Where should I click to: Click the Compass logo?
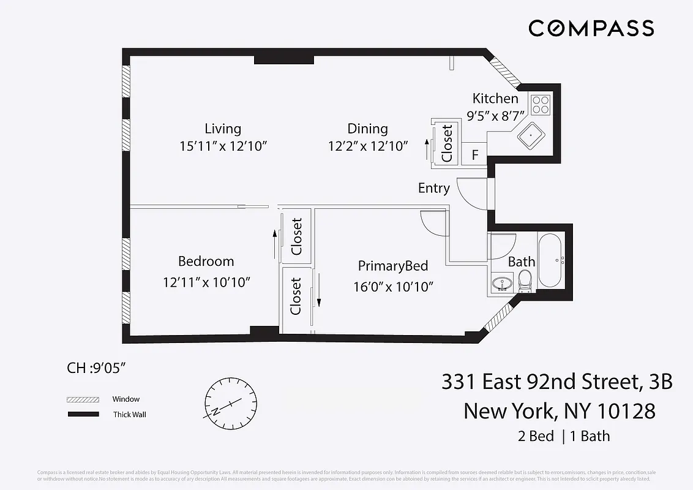tap(591, 28)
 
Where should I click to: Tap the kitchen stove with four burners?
tap(541, 105)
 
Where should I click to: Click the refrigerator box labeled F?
tap(475, 155)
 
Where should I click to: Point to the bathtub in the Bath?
tap(550, 260)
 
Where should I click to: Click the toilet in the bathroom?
tap(525, 282)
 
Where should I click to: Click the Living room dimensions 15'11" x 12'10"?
tap(223, 146)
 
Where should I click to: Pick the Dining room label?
tap(367, 129)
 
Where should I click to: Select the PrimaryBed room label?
tap(392, 266)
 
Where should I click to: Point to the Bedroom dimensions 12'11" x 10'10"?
tap(206, 282)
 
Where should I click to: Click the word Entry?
tap(433, 188)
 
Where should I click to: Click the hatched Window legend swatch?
tap(83, 399)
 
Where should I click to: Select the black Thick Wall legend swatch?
tap(83, 415)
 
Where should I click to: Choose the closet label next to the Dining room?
tap(448, 143)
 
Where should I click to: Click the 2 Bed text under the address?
tap(533, 436)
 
